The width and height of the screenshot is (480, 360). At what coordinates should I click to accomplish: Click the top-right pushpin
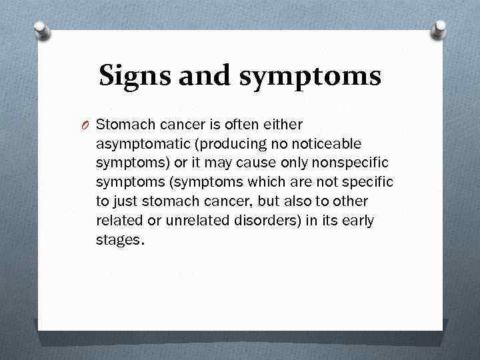(439, 30)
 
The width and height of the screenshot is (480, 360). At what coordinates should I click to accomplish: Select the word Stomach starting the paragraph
(124, 125)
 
